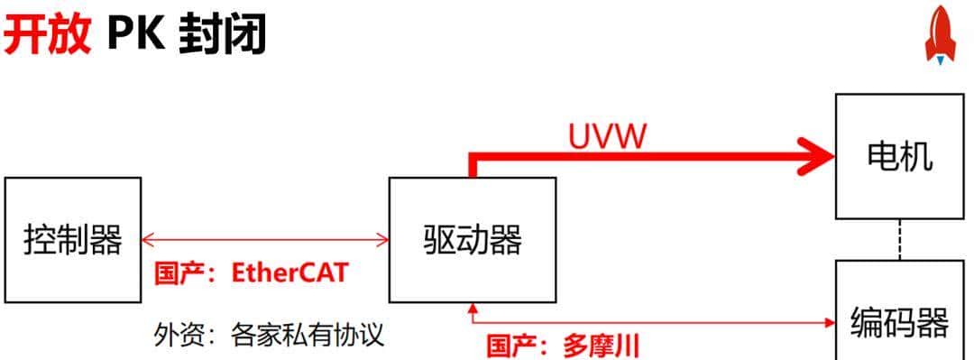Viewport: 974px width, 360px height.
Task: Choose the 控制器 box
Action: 72,240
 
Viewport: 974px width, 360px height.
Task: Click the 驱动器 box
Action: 472,240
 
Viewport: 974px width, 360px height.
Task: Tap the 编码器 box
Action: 899,320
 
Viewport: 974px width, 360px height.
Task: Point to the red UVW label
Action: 608,136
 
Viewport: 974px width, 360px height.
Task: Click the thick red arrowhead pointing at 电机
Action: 815,154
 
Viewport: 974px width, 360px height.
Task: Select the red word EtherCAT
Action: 289,273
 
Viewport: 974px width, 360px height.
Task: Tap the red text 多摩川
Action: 601,346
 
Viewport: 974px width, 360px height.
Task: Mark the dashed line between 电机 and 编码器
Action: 899,240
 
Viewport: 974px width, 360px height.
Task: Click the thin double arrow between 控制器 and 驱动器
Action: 265,240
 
